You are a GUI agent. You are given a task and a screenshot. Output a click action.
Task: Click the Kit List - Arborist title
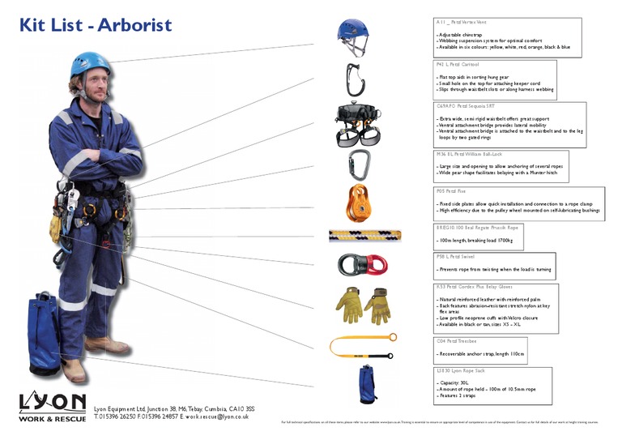click(x=96, y=24)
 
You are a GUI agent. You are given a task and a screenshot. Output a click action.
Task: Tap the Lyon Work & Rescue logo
click(x=52, y=406)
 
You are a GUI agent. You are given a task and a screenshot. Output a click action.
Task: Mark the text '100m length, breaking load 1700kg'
click(x=475, y=241)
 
